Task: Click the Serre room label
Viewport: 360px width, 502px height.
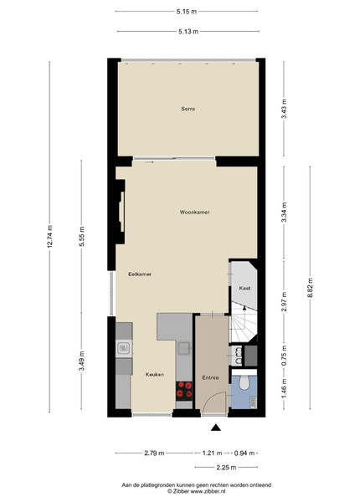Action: (x=188, y=109)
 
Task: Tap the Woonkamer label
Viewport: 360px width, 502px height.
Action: (x=195, y=212)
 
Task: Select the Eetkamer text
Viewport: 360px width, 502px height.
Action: (x=140, y=274)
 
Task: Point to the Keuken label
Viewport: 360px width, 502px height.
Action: (x=155, y=374)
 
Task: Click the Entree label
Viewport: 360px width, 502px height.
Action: (x=210, y=378)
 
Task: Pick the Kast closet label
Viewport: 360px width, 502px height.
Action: (x=244, y=288)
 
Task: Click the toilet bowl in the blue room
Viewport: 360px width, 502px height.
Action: (x=244, y=382)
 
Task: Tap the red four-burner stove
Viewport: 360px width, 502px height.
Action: (x=184, y=391)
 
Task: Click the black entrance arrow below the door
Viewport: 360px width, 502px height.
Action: (x=216, y=428)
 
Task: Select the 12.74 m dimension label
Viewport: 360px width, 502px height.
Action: (x=49, y=237)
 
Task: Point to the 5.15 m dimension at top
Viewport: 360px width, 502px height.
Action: (x=187, y=12)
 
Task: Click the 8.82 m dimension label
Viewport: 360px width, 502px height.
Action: (x=310, y=288)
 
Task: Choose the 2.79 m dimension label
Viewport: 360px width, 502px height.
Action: (x=154, y=453)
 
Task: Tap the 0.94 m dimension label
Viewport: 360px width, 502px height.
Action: (x=244, y=453)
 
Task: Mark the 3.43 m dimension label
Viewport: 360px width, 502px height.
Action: (x=284, y=109)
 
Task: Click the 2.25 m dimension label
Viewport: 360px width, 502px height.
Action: (x=226, y=468)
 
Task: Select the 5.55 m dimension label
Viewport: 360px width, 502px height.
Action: (x=82, y=236)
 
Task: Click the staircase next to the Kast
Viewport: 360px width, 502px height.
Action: (x=244, y=322)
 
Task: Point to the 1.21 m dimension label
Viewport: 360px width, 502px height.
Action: (x=212, y=453)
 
